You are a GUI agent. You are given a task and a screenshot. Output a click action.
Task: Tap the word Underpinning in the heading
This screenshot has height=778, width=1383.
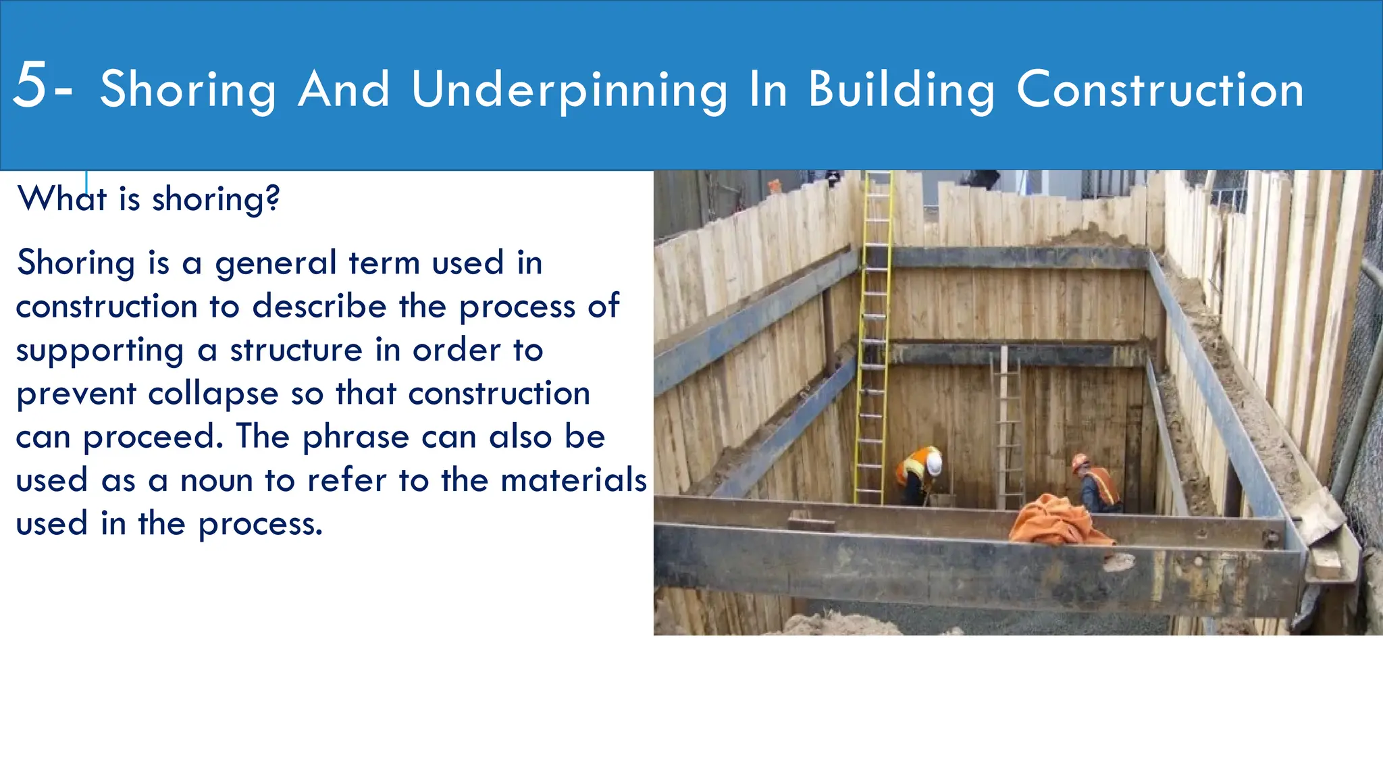(569, 90)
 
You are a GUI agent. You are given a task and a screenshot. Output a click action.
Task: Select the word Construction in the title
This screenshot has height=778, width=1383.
(1159, 90)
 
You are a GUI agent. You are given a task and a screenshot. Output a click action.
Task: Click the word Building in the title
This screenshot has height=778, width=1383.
(902, 90)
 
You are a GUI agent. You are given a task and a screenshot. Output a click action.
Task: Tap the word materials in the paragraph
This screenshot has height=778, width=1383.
(574, 481)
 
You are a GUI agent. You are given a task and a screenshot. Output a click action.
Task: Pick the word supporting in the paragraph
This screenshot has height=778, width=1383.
(100, 351)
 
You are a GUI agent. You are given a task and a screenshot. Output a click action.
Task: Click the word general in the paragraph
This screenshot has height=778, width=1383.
(276, 263)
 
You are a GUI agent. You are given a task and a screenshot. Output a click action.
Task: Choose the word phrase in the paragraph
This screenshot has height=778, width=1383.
(355, 438)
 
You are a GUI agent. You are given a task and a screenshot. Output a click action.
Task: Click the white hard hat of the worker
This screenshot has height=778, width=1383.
(934, 463)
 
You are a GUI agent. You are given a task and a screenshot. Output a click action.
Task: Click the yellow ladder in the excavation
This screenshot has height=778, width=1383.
(872, 338)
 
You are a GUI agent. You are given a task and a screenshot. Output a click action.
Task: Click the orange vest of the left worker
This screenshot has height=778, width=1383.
(913, 466)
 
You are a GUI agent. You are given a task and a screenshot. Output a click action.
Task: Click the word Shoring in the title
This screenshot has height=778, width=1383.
(188, 90)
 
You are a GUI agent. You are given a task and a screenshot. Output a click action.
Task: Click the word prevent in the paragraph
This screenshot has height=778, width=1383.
(76, 394)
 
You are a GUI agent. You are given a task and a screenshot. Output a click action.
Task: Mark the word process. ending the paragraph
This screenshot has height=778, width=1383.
(261, 525)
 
